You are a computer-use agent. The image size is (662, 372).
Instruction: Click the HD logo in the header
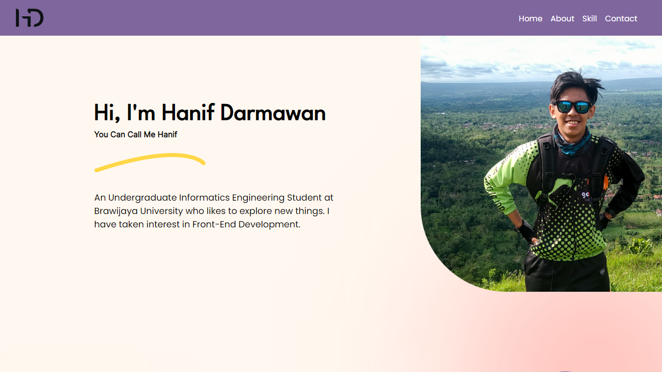point(30,18)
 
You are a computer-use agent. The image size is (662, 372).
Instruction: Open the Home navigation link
point(530,19)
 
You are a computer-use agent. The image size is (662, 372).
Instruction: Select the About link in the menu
point(562,19)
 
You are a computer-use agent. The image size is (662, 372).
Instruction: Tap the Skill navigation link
point(589,19)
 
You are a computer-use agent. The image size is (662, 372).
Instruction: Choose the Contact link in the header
point(621,19)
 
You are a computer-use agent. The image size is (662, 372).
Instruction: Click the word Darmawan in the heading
point(273,112)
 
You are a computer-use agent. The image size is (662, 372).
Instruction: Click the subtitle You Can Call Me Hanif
point(136,134)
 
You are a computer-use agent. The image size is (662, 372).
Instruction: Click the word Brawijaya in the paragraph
point(115,212)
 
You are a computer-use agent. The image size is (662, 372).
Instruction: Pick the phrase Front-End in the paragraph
point(214,224)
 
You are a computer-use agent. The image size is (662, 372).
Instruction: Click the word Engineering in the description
point(258,198)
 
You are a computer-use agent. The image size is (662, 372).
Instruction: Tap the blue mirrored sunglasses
point(572,107)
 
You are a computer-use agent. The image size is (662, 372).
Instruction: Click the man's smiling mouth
point(572,122)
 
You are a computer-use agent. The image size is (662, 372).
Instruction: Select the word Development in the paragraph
point(269,224)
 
